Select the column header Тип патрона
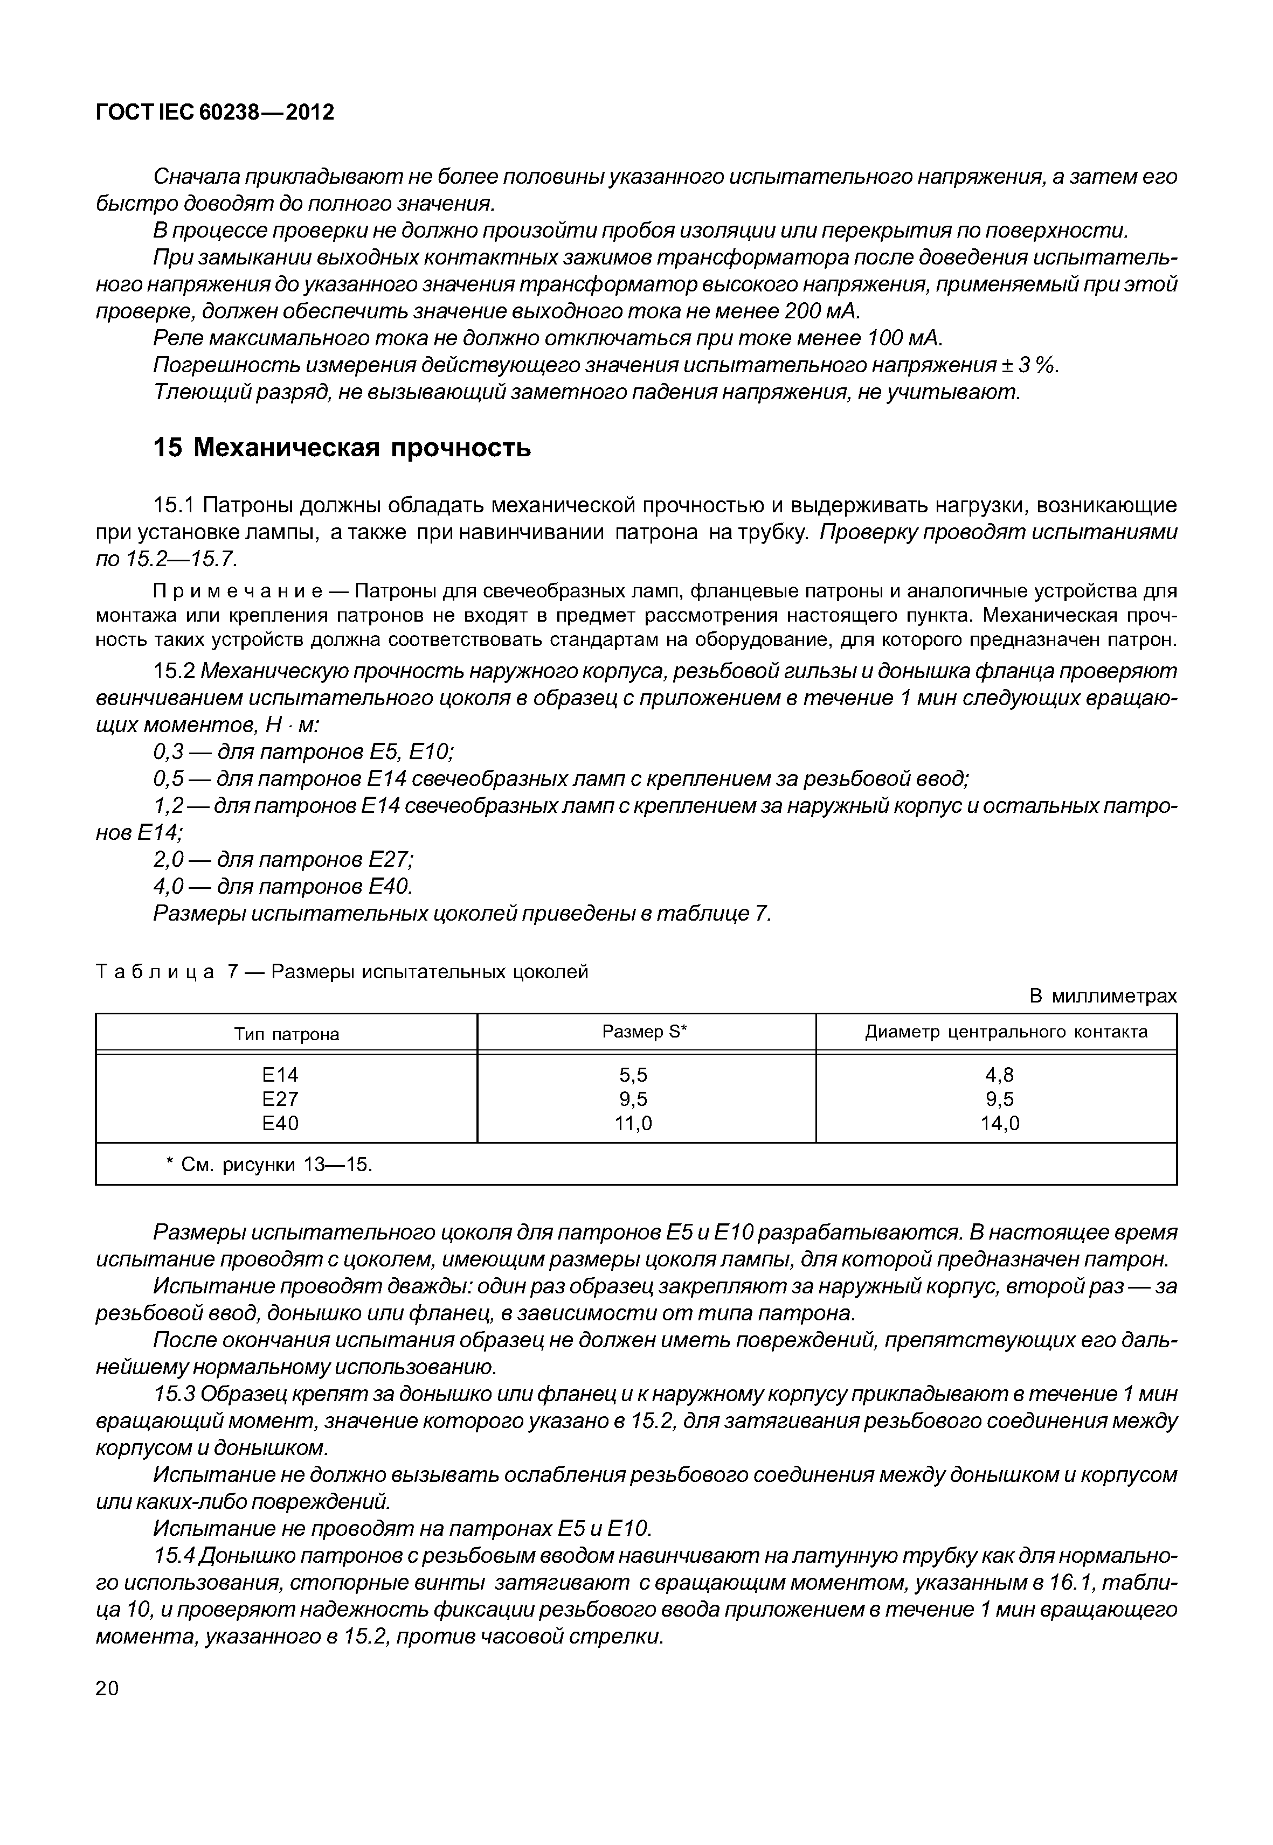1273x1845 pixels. click(286, 1034)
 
